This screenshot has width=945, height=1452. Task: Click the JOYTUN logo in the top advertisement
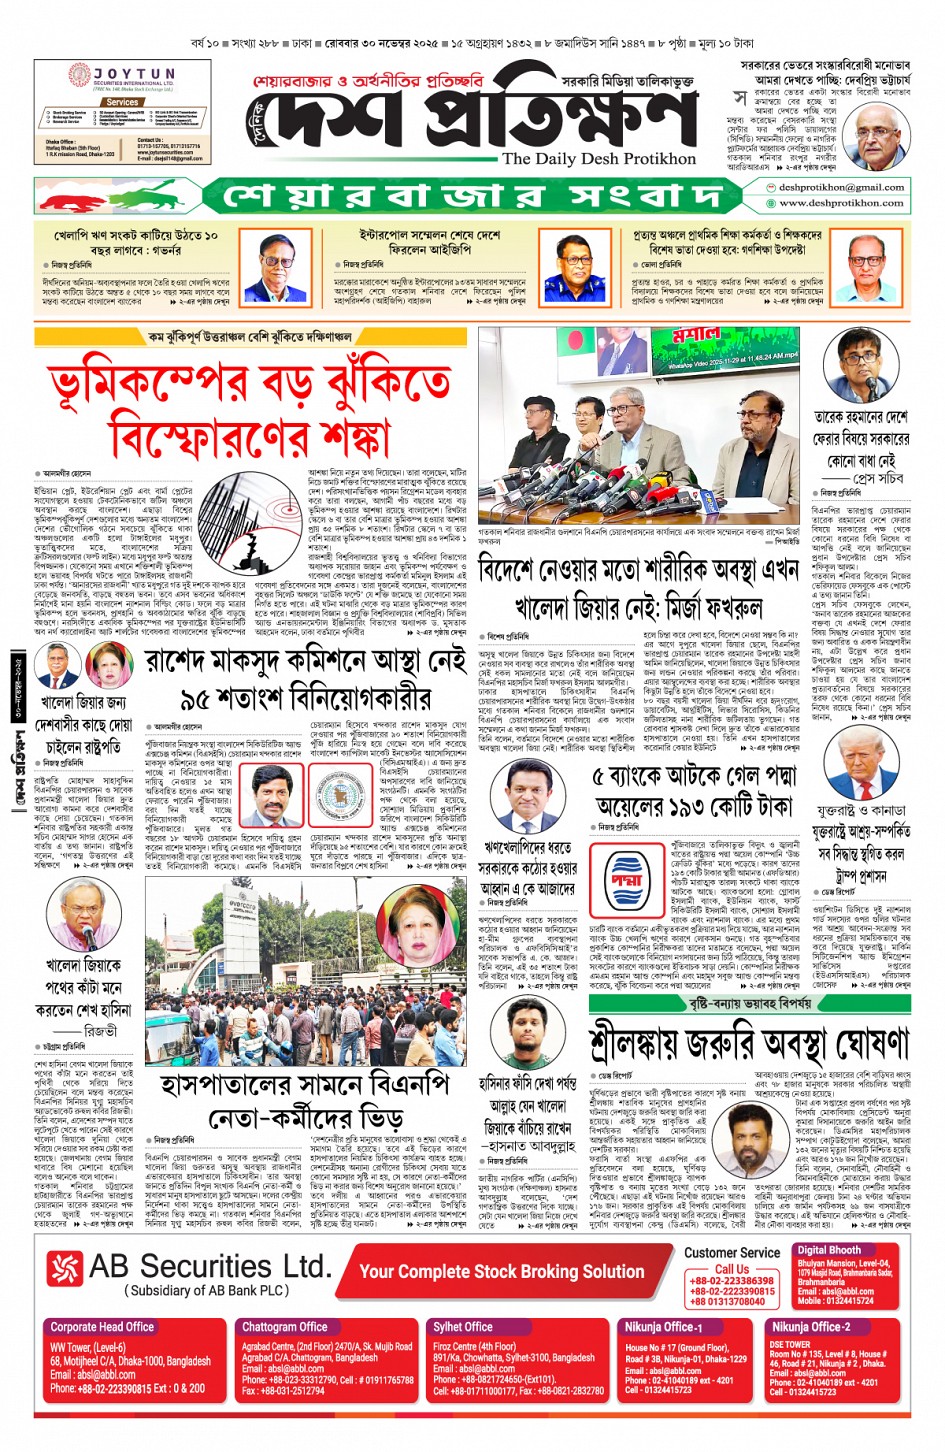pyautogui.click(x=128, y=76)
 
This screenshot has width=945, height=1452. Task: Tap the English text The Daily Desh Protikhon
pyautogui.click(x=598, y=159)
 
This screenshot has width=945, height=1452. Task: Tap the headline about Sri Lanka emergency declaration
pyautogui.click(x=748, y=1042)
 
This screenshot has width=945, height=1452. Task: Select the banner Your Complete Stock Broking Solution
pyautogui.click(x=501, y=1271)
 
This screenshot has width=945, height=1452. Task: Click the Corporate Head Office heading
pyautogui.click(x=102, y=1327)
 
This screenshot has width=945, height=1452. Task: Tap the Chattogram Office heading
pyautogui.click(x=284, y=1327)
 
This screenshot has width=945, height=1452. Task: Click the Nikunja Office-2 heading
pyautogui.click(x=810, y=1327)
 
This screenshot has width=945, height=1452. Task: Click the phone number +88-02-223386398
pyautogui.click(x=731, y=1281)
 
